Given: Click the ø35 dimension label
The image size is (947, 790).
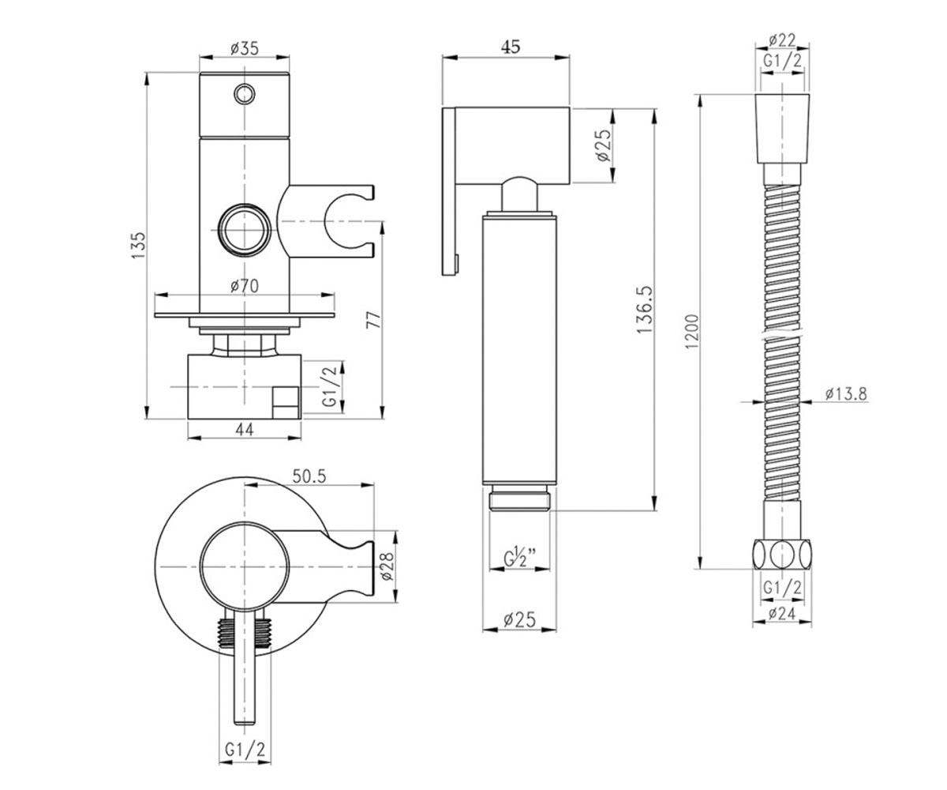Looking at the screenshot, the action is point(244,48).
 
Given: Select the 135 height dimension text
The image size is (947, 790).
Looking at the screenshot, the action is point(138,246).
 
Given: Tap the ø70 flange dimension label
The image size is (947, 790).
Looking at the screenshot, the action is point(245,286).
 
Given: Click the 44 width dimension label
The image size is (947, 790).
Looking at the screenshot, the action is point(245,429).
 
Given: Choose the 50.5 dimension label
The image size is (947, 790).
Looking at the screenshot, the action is point(309,476).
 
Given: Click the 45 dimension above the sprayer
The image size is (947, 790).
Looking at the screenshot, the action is point(511,47).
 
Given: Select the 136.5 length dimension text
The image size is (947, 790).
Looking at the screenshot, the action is point(644,310).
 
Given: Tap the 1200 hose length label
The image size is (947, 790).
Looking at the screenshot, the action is point(693,332).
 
